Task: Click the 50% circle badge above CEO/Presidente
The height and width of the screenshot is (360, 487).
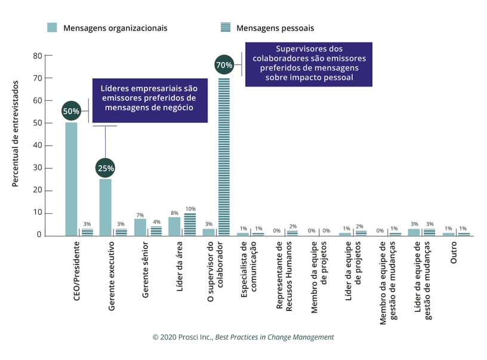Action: point(71,111)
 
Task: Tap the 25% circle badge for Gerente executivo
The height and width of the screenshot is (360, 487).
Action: point(105,168)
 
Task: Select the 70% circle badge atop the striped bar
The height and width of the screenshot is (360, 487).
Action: point(224,64)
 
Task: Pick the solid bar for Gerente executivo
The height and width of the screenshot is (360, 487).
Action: point(106,207)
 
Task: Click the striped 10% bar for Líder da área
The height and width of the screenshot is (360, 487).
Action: point(190,224)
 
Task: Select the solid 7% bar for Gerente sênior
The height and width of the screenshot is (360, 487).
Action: point(140,227)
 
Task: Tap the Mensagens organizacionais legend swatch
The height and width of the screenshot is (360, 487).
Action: point(53,27)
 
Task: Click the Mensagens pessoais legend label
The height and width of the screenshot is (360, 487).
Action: point(275,28)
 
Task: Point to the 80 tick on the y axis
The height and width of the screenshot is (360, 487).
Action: point(38,56)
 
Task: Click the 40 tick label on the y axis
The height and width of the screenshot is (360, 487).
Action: point(38,145)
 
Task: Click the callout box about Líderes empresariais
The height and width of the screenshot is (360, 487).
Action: point(150,99)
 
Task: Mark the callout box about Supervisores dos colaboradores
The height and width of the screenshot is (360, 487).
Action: point(309,63)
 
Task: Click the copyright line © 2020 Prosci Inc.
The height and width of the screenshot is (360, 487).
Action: point(243,337)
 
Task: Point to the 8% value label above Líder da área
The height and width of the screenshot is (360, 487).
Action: point(173,212)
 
